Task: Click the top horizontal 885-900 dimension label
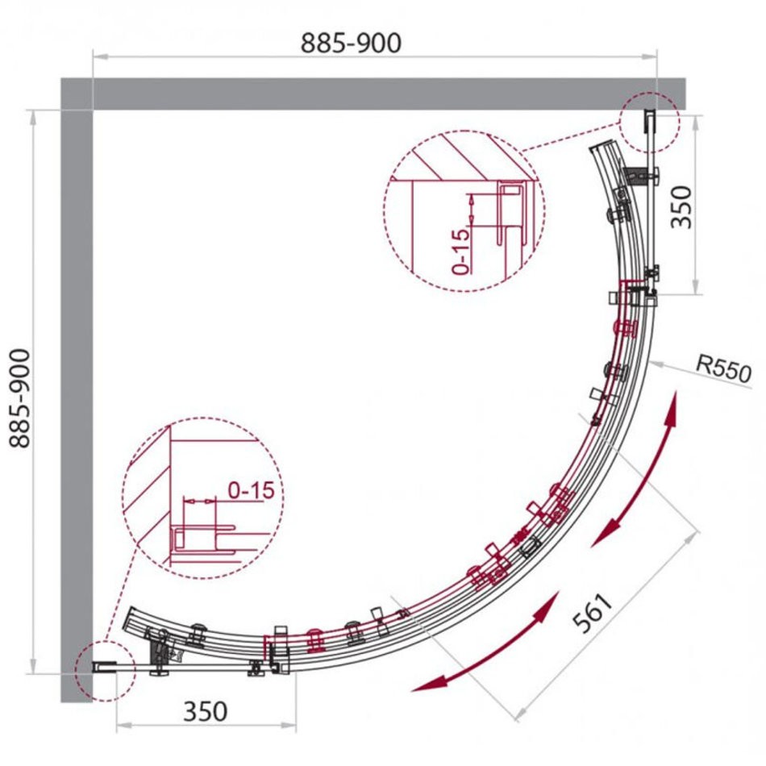351,43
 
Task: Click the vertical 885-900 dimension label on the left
20,398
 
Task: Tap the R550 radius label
723,368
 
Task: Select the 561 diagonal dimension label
593,613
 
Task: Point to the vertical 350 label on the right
682,207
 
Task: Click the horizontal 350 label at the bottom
205,711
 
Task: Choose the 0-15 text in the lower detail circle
251,490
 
